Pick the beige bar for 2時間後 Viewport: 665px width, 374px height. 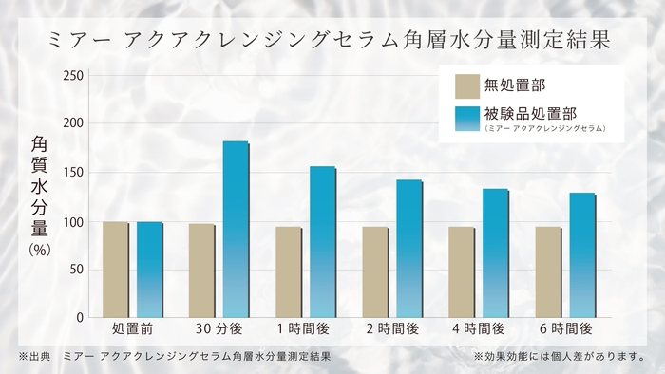[375, 271]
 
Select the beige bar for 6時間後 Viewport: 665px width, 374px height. [548, 271]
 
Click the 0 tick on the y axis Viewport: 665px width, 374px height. [81, 317]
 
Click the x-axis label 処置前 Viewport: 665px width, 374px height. [133, 329]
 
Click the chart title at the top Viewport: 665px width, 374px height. [332, 42]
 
